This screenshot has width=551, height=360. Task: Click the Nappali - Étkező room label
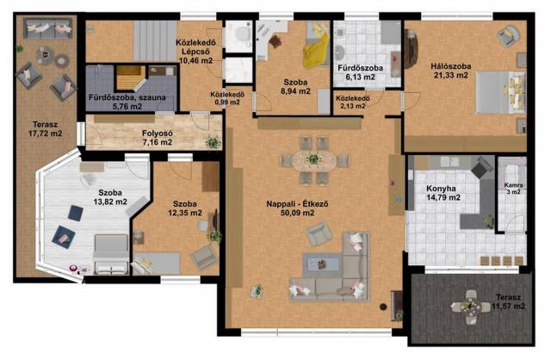(x=297, y=204)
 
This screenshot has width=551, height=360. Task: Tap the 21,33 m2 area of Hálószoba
(x=451, y=75)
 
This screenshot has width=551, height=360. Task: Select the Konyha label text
(x=441, y=189)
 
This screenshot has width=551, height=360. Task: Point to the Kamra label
(x=513, y=185)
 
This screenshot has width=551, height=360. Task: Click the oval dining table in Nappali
(x=313, y=161)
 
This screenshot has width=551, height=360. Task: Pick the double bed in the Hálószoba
(x=500, y=92)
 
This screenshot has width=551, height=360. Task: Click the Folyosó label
(x=157, y=133)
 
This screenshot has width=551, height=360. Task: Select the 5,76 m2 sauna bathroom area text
(x=127, y=106)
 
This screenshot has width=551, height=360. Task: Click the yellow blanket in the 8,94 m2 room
(x=315, y=51)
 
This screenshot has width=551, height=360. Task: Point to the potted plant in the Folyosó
(x=213, y=143)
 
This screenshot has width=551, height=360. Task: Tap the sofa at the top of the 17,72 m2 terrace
(x=48, y=28)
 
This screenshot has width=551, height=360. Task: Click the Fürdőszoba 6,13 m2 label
(x=360, y=72)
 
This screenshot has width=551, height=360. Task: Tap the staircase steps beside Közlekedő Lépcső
(x=155, y=41)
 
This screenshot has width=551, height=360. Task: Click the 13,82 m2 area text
(x=110, y=202)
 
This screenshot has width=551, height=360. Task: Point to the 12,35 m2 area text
(x=185, y=213)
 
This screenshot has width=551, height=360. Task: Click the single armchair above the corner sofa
(x=319, y=233)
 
